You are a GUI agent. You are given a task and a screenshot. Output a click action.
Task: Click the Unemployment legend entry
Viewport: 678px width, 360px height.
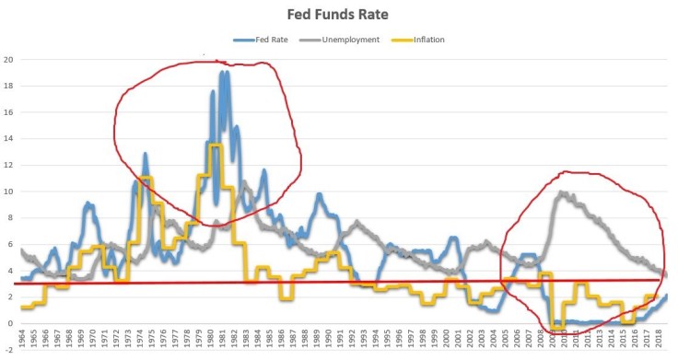(345, 40)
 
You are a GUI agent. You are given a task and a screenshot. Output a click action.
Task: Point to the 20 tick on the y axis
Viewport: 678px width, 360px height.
(8, 60)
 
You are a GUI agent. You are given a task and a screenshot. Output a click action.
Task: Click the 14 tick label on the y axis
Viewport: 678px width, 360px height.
(8, 139)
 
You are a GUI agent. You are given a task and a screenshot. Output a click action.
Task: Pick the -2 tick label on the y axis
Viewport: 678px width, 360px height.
(8, 350)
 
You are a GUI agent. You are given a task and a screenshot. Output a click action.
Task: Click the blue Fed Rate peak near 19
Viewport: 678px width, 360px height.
(223, 73)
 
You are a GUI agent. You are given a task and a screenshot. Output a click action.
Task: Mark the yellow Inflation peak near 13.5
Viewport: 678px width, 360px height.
(215, 145)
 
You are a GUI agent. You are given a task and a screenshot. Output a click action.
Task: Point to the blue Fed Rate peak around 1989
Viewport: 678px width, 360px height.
(319, 195)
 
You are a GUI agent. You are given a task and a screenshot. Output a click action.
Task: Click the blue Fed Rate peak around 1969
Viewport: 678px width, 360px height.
(88, 203)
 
